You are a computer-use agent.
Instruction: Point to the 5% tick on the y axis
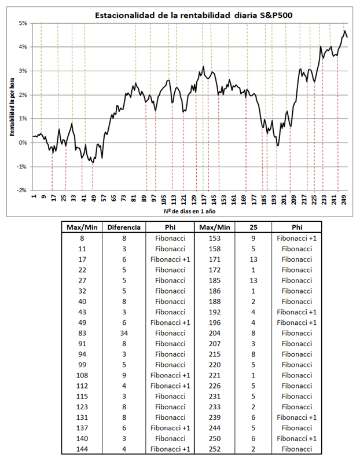(24, 23)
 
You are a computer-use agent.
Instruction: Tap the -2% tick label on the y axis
(23, 190)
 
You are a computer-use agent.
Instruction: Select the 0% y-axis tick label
(24, 142)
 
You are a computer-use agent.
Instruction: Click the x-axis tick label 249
(344, 200)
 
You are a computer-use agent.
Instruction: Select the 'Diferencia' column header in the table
(124, 228)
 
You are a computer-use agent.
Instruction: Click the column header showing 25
(252, 228)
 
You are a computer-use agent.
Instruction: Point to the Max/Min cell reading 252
(216, 449)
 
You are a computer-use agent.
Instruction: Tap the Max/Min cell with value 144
(82, 449)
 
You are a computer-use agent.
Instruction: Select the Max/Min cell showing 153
(216, 237)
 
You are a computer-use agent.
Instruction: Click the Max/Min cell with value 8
(82, 237)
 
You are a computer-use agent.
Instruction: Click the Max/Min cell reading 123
(82, 406)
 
